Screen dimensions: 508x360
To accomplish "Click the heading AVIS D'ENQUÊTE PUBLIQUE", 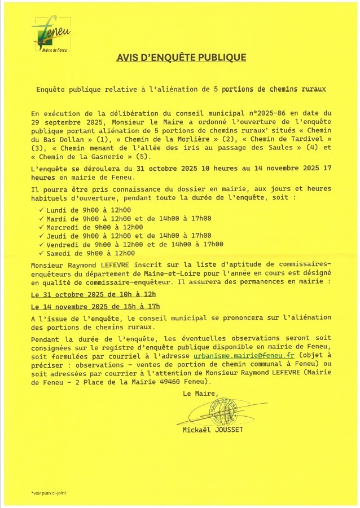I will point(181,58).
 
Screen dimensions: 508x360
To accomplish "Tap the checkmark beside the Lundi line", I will point(40,210).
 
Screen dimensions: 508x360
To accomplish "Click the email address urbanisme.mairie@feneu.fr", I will point(244,356).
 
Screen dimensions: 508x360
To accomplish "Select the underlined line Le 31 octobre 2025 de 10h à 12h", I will point(93,294).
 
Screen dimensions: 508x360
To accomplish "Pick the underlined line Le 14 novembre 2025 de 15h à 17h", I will point(95,307).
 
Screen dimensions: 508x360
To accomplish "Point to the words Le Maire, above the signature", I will point(200,394).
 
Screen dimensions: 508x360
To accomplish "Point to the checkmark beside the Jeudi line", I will point(40,236).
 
